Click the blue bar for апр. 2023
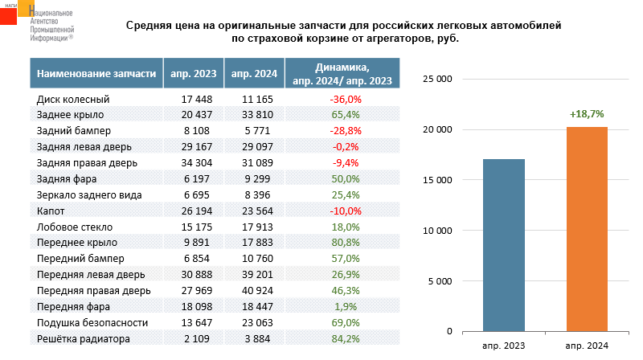504,244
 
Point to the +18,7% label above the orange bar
586,114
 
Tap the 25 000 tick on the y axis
438,79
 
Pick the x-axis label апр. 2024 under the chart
586,346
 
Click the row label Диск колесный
73,99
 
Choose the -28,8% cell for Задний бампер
346,130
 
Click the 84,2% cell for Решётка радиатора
346,338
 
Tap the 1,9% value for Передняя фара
346,306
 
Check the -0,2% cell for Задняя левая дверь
346,146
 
